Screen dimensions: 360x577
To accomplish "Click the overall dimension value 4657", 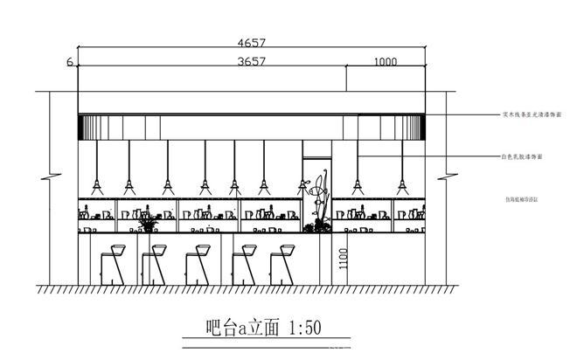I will coord(251,42).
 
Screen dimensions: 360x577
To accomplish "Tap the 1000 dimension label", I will coord(385,62).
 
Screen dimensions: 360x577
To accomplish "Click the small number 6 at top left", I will coord(68,62).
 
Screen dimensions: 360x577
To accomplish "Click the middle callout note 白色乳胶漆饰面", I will coord(522,156).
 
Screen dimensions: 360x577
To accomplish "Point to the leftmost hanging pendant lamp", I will coord(97,185).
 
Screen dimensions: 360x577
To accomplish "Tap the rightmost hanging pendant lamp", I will coord(401,185).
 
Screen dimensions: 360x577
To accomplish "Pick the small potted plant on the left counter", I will coord(148,225).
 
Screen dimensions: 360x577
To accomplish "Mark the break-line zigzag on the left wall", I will coord(51,175).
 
